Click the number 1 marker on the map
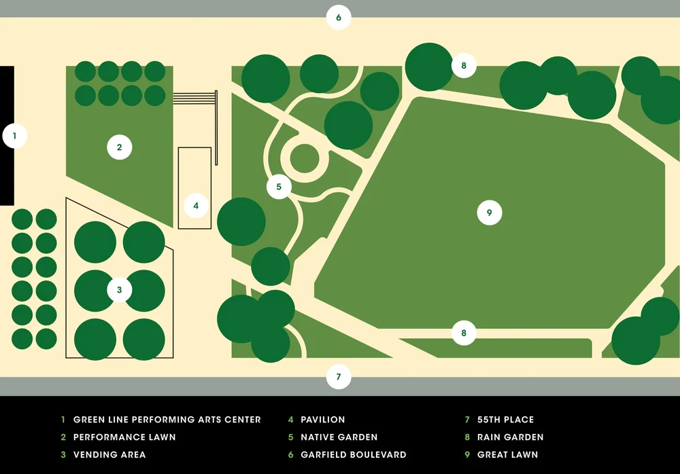click(14, 136)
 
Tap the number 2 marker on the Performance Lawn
click(119, 147)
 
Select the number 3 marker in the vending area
click(119, 290)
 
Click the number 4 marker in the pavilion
click(196, 205)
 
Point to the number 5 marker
click(279, 186)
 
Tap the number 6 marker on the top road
click(339, 17)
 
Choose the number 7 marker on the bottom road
click(339, 376)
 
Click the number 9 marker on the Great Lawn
click(489, 213)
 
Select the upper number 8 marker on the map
click(464, 66)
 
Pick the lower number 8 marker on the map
click(464, 333)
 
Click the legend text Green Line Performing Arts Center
click(167, 420)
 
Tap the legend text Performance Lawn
click(124, 437)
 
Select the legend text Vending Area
click(109, 455)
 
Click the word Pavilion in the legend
click(323, 420)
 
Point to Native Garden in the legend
click(339, 437)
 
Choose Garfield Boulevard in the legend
click(353, 455)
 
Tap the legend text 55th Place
click(505, 420)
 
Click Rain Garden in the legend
click(510, 437)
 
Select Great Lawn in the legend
click(507, 455)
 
